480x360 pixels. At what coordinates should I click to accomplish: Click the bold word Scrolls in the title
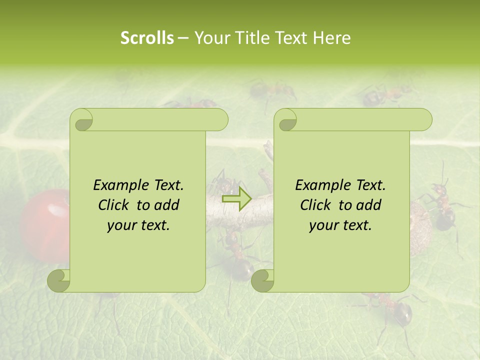tap(147, 37)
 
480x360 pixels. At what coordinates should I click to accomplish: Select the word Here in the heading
tap(331, 37)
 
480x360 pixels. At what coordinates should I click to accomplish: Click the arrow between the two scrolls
tap(237, 199)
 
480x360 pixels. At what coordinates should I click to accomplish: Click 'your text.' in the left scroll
tap(138, 225)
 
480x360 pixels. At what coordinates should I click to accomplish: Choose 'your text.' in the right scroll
tap(340, 225)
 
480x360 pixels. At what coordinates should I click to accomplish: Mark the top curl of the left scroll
tap(81, 120)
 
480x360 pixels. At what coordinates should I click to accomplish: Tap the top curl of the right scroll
tap(285, 120)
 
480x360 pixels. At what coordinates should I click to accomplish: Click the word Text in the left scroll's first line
tap(166, 185)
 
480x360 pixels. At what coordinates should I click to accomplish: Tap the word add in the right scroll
tap(369, 205)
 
